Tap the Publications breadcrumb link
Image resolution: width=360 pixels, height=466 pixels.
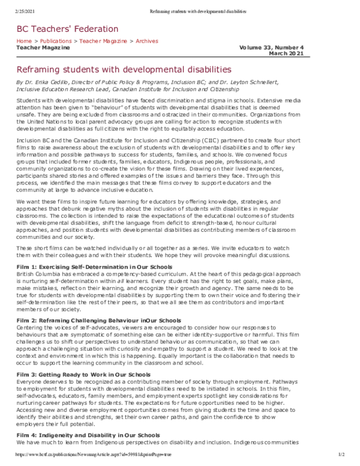click(57, 41)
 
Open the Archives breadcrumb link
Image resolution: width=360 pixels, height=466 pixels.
click(147, 41)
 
